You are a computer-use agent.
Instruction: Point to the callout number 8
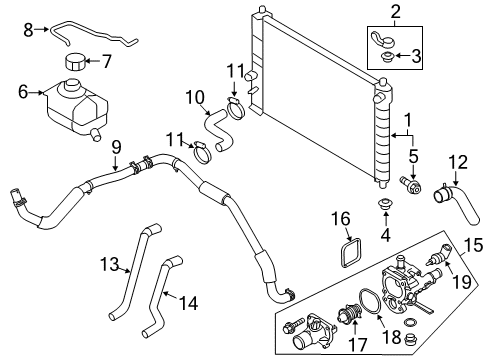click(x=27, y=29)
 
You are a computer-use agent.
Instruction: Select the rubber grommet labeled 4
click(x=383, y=208)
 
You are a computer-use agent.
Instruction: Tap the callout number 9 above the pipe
click(x=116, y=147)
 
